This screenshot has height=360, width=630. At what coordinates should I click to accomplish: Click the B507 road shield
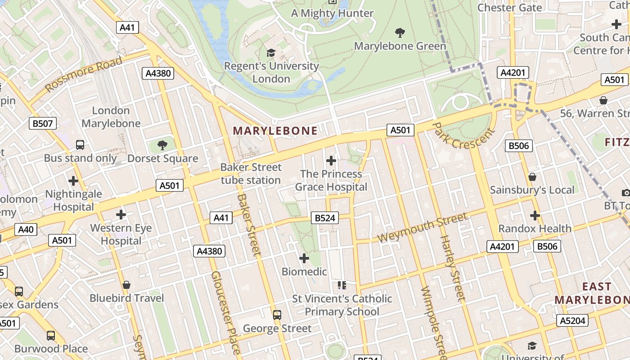pyautogui.click(x=43, y=123)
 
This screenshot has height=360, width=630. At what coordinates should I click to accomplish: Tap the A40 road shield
pyautogui.click(x=26, y=229)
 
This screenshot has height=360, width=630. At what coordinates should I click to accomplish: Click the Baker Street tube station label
pyautogui.click(x=251, y=174)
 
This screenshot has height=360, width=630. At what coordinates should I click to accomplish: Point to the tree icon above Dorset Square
pyautogui.click(x=162, y=145)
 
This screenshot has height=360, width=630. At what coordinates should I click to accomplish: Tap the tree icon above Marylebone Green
pyautogui.click(x=400, y=33)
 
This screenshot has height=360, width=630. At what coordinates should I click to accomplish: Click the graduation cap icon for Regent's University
pyautogui.click(x=271, y=53)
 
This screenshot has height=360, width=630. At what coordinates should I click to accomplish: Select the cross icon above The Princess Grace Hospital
pyautogui.click(x=331, y=161)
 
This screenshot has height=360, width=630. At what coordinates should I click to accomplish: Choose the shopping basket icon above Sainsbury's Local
pyautogui.click(x=532, y=177)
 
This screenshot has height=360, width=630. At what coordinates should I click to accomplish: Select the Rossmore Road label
pyautogui.click(x=84, y=74)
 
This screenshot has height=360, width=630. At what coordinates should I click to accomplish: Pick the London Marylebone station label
pyautogui.click(x=111, y=117)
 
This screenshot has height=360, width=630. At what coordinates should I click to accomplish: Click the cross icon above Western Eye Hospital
pyautogui.click(x=121, y=215)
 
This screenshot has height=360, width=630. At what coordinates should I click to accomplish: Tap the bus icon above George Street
pyautogui.click(x=277, y=315)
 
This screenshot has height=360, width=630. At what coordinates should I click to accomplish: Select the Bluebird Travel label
pyautogui.click(x=127, y=298)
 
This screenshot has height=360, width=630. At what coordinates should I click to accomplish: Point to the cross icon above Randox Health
pyautogui.click(x=535, y=216)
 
